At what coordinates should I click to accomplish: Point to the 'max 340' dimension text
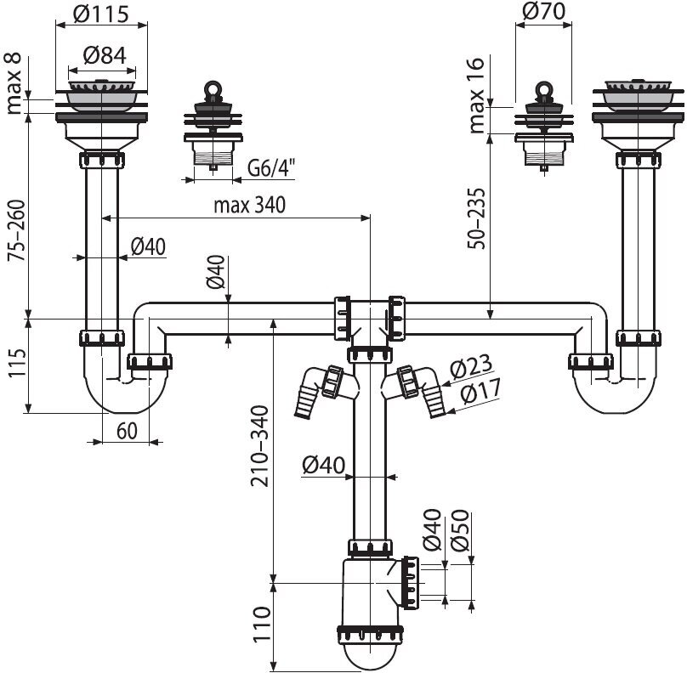249,205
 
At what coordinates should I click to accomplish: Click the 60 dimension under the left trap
126,431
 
